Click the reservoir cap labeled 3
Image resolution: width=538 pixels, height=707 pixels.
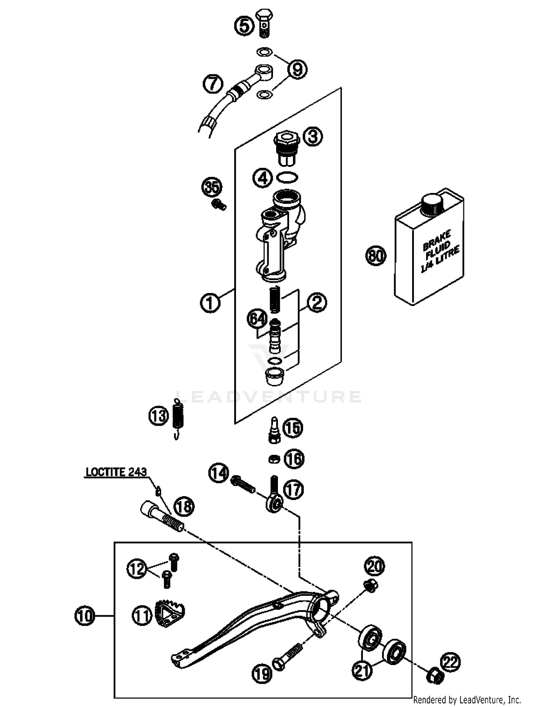286,149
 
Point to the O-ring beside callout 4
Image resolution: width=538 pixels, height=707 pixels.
288,177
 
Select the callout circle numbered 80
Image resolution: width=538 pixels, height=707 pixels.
376,256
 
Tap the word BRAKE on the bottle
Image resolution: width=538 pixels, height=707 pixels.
436,241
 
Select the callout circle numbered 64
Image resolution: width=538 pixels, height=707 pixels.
258,319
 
